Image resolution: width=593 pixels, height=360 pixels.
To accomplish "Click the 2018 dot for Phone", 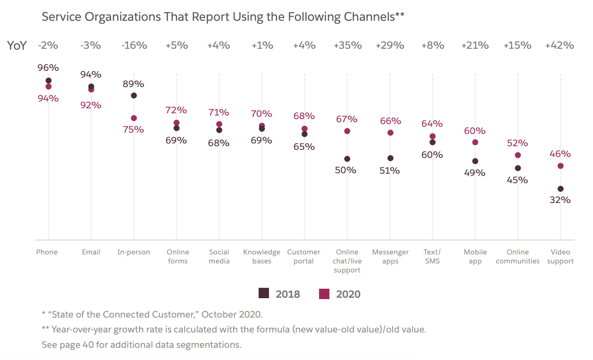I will click(x=49, y=81).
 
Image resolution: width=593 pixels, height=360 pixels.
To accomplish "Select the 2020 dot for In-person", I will click(x=134, y=118).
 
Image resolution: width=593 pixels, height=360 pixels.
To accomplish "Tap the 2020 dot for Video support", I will click(x=561, y=166).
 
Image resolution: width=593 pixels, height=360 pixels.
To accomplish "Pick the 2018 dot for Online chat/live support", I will click(x=347, y=159).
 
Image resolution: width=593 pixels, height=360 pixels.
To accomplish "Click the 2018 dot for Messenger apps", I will click(x=390, y=158).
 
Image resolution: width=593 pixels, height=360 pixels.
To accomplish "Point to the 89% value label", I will click(x=133, y=84).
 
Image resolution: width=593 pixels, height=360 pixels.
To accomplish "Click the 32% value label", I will click(x=560, y=200).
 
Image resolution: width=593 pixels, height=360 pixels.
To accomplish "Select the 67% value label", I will click(x=347, y=119).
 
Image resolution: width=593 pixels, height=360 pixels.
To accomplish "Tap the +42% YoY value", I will click(x=560, y=46).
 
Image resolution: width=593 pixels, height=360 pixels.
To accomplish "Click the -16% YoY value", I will click(x=134, y=46).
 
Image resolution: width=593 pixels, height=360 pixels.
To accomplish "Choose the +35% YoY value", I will click(x=347, y=46).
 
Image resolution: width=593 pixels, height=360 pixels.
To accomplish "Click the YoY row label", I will click(x=17, y=46).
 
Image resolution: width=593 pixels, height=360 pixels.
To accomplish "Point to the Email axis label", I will click(x=91, y=252).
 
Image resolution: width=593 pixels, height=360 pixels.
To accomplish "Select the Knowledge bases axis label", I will click(x=262, y=256).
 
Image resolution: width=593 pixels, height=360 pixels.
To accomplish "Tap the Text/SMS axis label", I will click(x=432, y=256).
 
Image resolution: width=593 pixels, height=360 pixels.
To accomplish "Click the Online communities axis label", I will click(x=518, y=256).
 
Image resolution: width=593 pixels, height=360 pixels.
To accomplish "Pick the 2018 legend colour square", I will click(x=264, y=293).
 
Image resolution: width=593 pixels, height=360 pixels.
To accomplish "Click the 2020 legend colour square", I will click(x=324, y=293).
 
